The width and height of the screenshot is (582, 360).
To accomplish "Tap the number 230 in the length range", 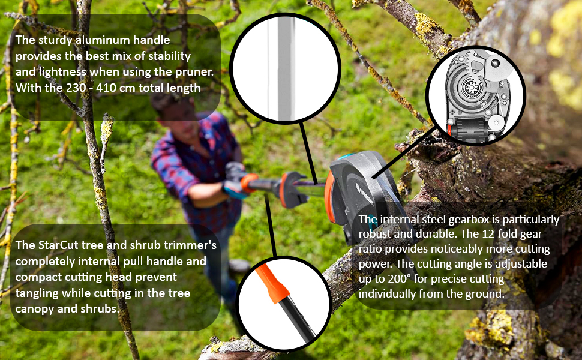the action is point(77,88).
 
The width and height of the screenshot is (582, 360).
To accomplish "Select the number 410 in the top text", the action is point(107,88).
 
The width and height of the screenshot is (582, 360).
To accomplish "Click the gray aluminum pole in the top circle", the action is point(286,68).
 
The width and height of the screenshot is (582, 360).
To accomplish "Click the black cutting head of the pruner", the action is point(362,193).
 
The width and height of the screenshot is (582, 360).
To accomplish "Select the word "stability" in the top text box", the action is point(169,56).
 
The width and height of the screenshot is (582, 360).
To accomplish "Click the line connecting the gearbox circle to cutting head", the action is point(404,152).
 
